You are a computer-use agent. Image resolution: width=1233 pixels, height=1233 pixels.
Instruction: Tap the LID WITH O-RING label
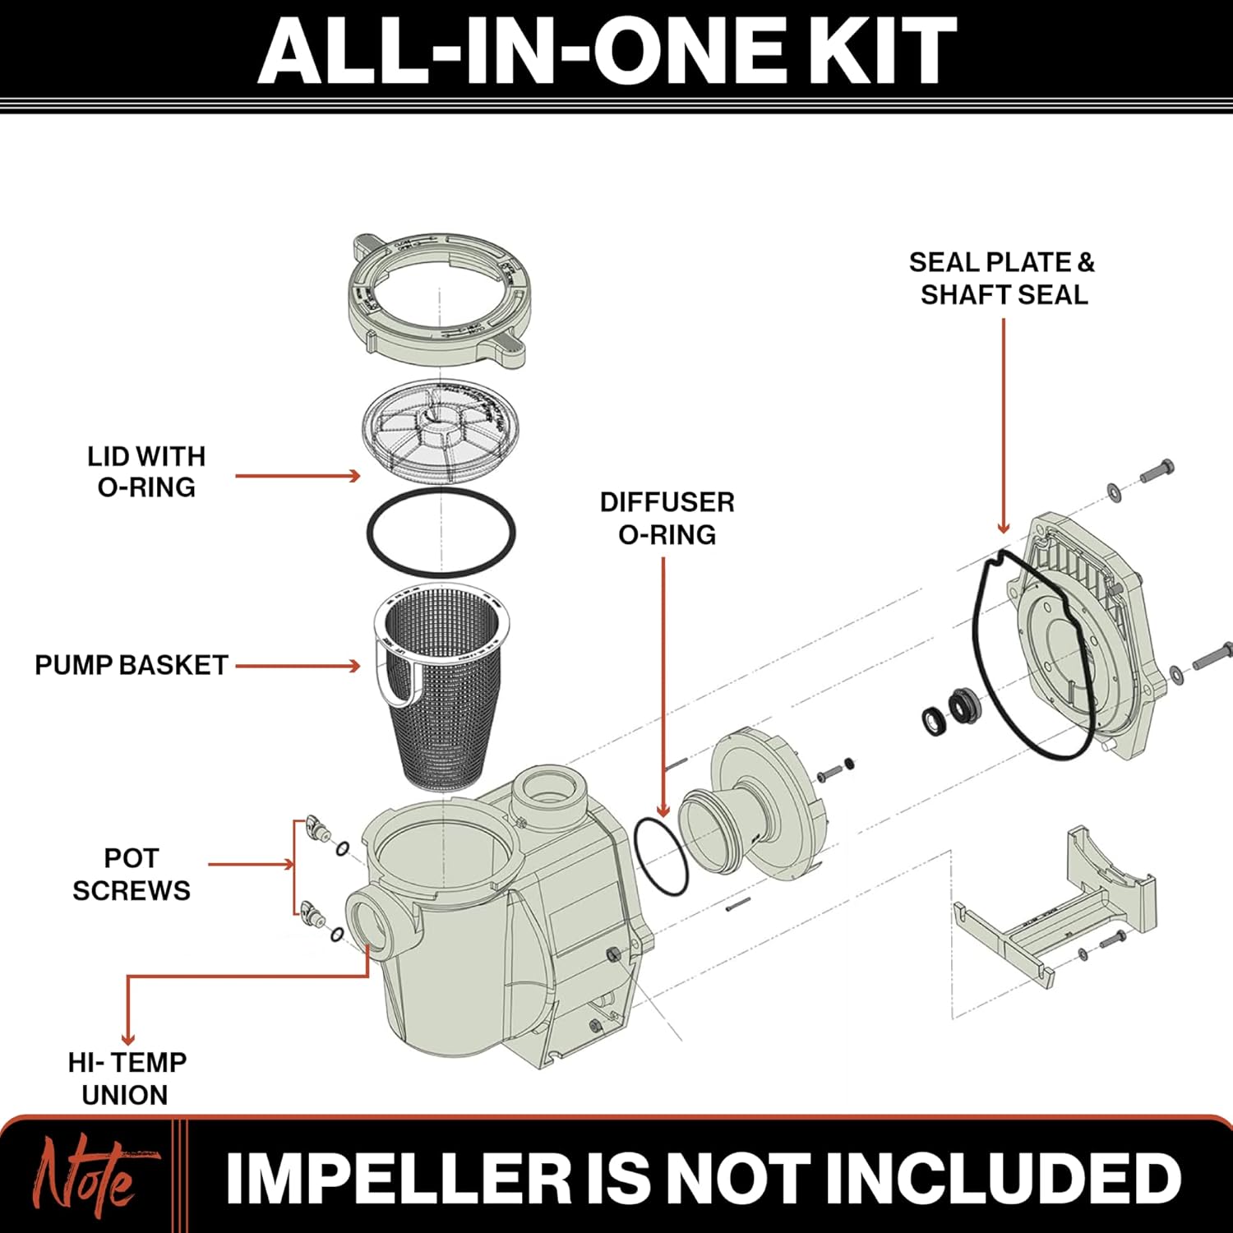pyautogui.click(x=146, y=472)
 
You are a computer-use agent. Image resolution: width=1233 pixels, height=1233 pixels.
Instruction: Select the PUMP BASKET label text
pyautogui.click(x=132, y=665)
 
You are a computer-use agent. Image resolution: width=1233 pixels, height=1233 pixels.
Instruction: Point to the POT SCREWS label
pyautogui.click(x=132, y=874)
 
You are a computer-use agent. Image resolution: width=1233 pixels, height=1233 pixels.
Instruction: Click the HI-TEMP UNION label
pyautogui.click(x=127, y=1078)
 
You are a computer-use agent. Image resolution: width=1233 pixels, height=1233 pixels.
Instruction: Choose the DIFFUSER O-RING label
pyautogui.click(x=667, y=518)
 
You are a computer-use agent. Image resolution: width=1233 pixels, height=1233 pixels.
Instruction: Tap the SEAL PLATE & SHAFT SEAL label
pyautogui.click(x=1003, y=278)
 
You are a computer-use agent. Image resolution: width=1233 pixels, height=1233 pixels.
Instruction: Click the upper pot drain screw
pyautogui.click(x=315, y=829)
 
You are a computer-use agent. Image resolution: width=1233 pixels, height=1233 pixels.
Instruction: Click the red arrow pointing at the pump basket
pyautogui.click(x=298, y=666)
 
